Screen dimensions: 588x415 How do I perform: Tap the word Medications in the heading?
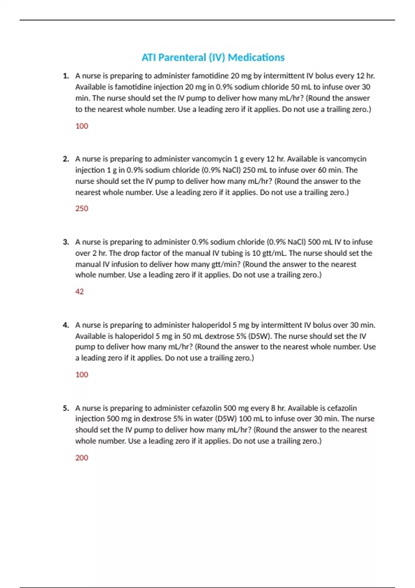tap(256, 57)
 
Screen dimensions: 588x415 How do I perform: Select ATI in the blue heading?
tap(149, 57)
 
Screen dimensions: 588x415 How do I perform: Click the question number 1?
tap(66, 76)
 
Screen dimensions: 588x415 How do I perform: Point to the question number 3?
tap(66, 242)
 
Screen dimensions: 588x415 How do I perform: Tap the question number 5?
tap(66, 408)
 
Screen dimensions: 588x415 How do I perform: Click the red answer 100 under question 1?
tap(82, 126)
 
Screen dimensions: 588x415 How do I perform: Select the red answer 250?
tap(82, 208)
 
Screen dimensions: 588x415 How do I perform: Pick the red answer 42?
tap(80, 292)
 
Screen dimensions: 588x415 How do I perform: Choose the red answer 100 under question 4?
tap(82, 375)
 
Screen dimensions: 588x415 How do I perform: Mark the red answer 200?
tap(82, 458)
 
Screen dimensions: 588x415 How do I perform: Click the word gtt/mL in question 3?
tap(274, 253)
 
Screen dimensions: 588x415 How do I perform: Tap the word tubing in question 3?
tap(225, 253)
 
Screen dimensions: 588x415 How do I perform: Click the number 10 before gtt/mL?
tap(256, 253)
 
